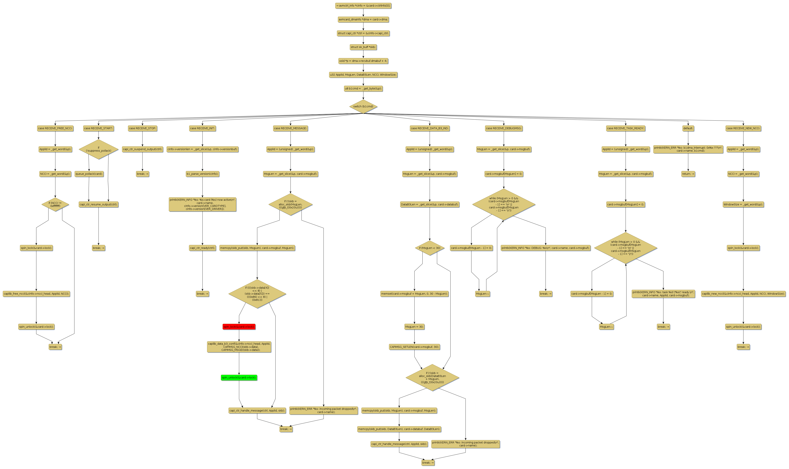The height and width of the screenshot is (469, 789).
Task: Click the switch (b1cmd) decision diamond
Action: [363, 106]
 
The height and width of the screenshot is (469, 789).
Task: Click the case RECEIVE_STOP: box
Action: [142, 128]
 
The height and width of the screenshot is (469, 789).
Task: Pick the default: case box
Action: [688, 128]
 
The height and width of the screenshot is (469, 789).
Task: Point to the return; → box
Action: [688, 174]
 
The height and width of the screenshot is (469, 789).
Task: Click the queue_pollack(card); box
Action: [89, 174]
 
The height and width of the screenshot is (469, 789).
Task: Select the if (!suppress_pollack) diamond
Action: [99, 149]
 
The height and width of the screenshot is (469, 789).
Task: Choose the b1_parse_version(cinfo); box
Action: [202, 174]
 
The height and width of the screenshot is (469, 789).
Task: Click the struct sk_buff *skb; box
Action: [363, 47]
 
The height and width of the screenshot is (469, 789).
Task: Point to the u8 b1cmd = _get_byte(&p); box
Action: [363, 88]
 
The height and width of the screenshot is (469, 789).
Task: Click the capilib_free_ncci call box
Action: [36, 294]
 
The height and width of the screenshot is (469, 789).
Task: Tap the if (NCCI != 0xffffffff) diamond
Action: [55, 204]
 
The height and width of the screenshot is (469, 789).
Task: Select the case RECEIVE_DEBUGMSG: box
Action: [504, 128]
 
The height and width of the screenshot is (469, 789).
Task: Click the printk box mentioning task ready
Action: [663, 294]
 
